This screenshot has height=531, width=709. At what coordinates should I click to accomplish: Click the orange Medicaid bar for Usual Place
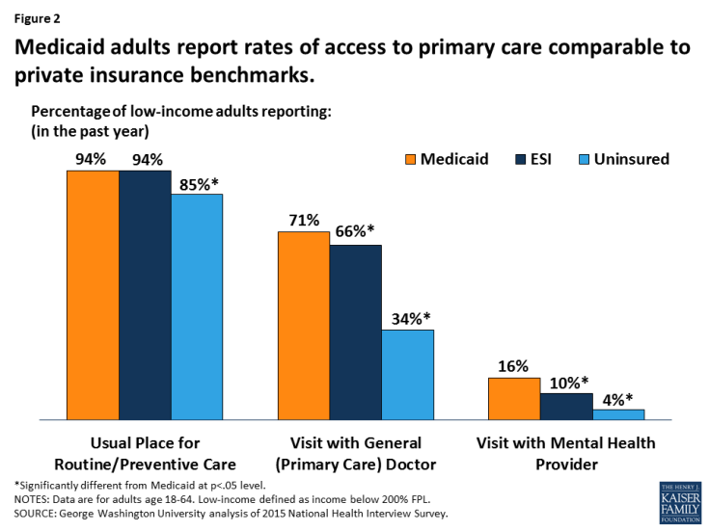(92, 295)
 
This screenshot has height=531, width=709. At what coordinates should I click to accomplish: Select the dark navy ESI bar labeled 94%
(144, 295)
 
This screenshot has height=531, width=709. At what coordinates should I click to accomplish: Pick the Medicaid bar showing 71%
(303, 326)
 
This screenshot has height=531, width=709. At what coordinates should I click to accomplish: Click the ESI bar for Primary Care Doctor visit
(355, 332)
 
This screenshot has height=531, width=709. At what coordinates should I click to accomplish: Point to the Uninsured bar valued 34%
(406, 375)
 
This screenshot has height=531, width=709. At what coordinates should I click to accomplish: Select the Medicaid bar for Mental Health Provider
(513, 399)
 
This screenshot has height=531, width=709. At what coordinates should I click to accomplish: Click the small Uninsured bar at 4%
(618, 414)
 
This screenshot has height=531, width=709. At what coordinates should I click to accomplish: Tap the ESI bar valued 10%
(566, 407)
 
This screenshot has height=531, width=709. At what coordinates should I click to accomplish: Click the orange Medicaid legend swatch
(410, 158)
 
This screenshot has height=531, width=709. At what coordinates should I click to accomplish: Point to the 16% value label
(513, 366)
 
